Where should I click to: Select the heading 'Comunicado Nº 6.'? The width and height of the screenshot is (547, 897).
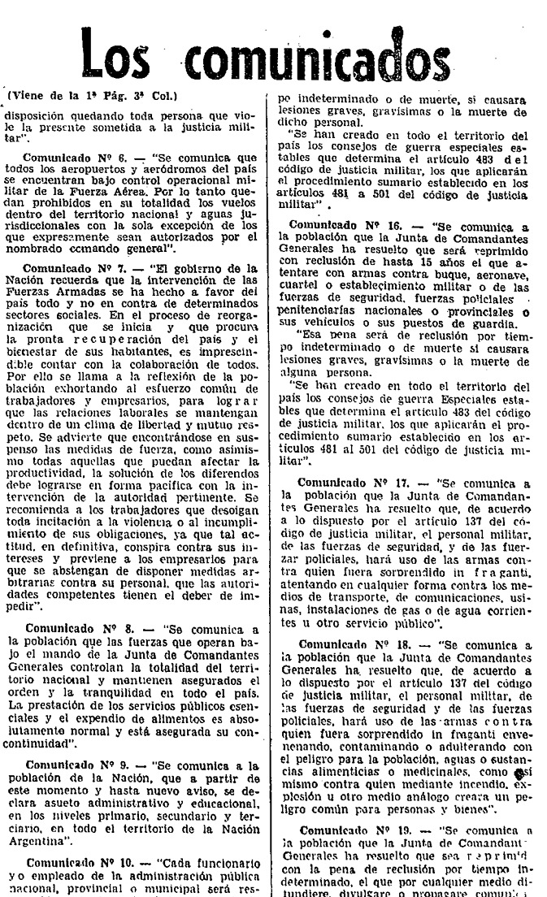tap(72, 157)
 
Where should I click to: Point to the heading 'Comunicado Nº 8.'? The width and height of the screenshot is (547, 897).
tap(73, 628)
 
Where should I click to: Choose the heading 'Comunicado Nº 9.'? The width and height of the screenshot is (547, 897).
tap(73, 765)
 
